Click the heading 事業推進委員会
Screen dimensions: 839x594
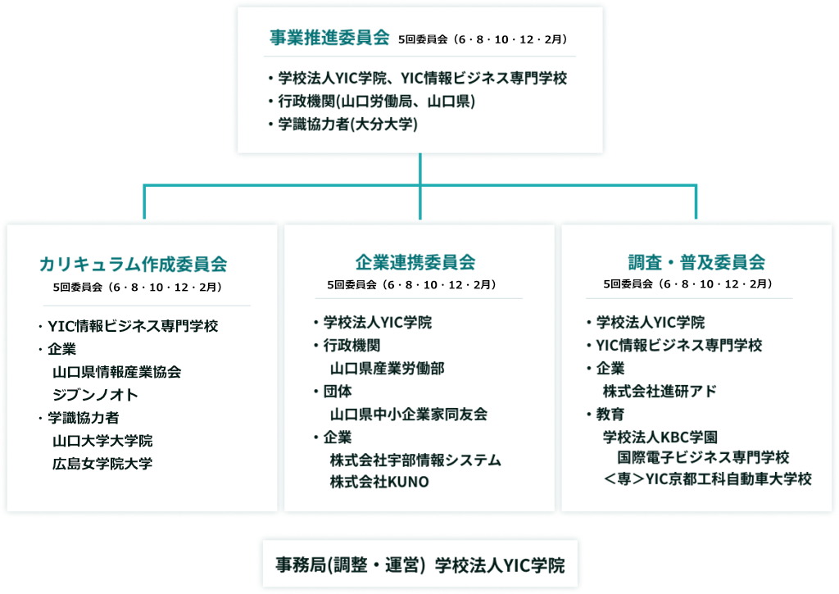(x=329, y=38)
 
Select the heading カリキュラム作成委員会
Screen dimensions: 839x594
(x=134, y=264)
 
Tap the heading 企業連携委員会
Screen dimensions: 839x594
(x=415, y=261)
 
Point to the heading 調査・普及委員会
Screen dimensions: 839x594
(x=696, y=261)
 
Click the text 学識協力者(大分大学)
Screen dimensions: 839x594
(x=347, y=125)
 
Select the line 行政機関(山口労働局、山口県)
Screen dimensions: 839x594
(x=377, y=101)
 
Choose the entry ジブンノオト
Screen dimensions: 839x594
(x=95, y=395)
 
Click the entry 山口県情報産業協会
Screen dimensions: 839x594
(x=116, y=372)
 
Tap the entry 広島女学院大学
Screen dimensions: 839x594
(x=102, y=464)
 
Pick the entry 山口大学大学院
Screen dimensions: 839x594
(x=102, y=441)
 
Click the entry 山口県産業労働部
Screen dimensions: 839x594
(x=387, y=368)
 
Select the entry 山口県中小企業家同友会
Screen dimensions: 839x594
(x=408, y=415)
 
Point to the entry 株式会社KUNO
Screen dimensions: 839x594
(x=379, y=482)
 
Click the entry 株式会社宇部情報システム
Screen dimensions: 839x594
(x=415, y=460)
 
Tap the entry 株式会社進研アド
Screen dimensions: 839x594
(x=660, y=391)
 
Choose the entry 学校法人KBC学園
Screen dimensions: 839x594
(x=660, y=438)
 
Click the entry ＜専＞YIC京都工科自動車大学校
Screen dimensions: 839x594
(x=707, y=478)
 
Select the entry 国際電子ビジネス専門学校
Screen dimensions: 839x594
(x=703, y=457)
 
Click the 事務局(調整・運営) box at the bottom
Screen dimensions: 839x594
(x=420, y=564)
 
